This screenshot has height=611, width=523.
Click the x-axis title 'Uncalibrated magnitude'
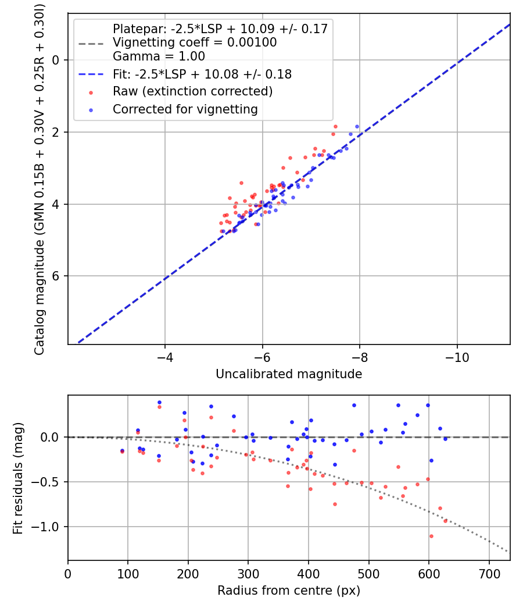pos(289,374)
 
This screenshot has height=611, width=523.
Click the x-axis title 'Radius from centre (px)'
pos(289,591)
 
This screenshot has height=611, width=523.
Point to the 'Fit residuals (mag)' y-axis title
pos(18,478)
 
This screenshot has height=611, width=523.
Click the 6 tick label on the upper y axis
pos(56,276)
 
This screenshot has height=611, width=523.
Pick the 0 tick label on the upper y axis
pos(56,60)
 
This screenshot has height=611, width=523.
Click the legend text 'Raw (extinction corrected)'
pos(192,92)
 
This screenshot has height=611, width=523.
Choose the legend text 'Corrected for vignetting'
pos(185,109)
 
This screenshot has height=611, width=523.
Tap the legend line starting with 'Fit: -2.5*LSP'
pos(202,74)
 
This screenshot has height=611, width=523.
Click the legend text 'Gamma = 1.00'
pos(159,57)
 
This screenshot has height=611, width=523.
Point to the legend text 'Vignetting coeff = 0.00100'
pos(195,42)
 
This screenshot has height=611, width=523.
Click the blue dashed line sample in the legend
pos(91,74)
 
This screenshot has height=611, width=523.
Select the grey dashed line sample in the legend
pos(91,42)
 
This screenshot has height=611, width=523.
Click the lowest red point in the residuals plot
pos(431,536)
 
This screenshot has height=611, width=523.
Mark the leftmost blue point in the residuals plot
pos(122,450)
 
